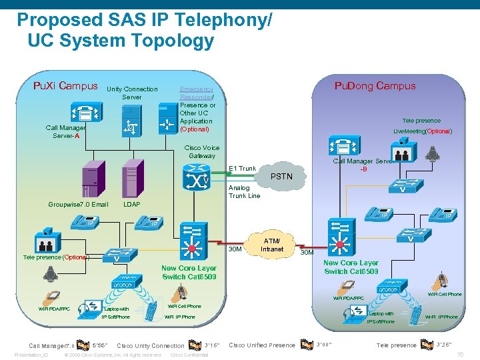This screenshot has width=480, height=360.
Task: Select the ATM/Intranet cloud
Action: click(x=272, y=245)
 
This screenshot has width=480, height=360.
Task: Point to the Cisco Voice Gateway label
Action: click(x=202, y=152)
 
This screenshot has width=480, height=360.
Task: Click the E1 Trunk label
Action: click(x=242, y=169)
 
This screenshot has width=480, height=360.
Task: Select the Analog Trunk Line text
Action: click(x=244, y=192)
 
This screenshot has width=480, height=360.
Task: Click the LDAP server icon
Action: click(x=131, y=180)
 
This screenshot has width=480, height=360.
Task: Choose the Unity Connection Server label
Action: click(x=132, y=93)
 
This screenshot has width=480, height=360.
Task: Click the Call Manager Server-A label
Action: click(x=65, y=131)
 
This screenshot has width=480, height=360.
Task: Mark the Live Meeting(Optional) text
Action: click(x=422, y=131)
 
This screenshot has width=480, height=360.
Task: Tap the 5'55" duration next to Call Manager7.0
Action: click(x=99, y=345)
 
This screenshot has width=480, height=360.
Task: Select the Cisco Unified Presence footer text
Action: click(x=261, y=345)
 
